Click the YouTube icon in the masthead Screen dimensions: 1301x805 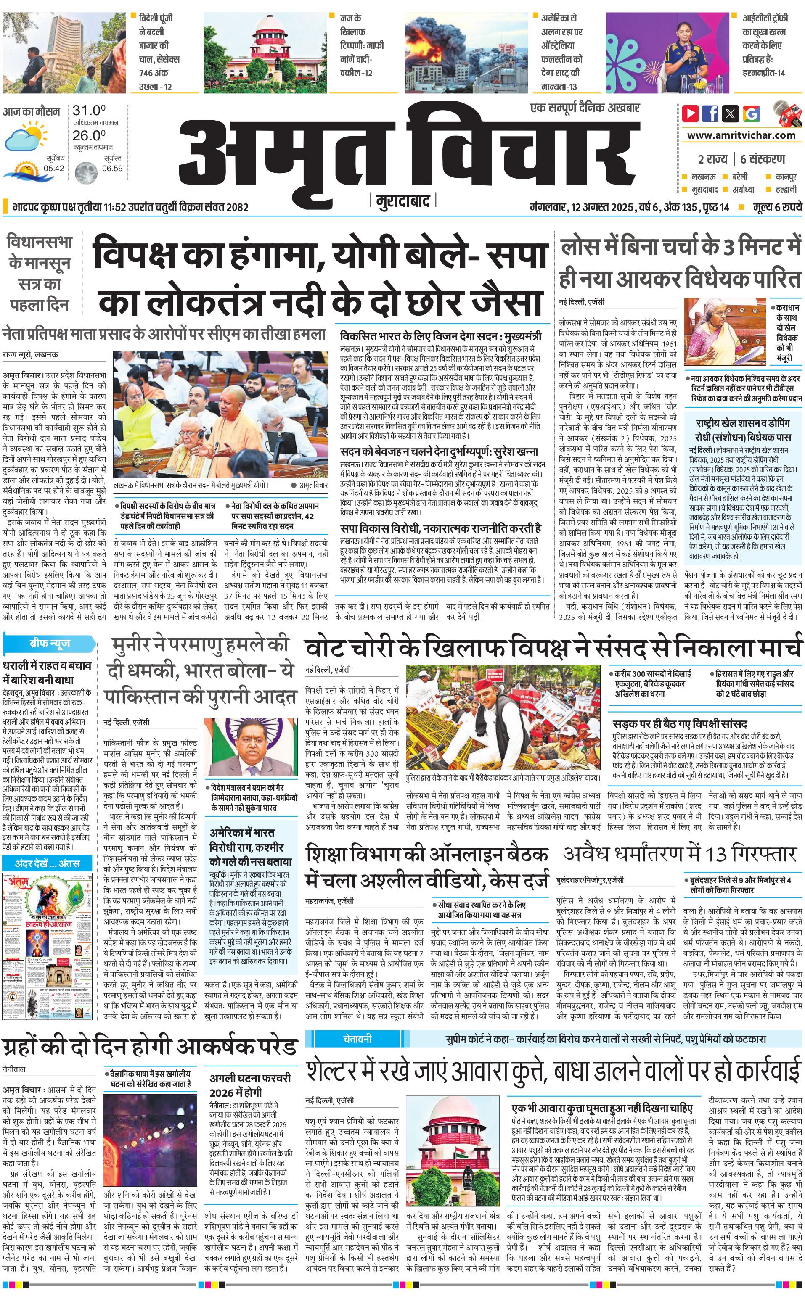click(691, 113)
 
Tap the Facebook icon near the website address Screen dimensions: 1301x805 click(710, 113)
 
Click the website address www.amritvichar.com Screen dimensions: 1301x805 click(741, 135)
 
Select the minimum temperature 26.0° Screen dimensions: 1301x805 click(89, 135)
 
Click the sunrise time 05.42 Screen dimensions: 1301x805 click(54, 168)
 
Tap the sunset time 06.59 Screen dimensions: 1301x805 click(112, 168)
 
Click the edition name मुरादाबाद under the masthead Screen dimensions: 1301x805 click(402, 201)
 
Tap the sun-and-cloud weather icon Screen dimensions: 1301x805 click(25, 136)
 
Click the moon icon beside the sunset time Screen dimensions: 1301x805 click(85, 173)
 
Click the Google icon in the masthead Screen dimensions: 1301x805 click(752, 113)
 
